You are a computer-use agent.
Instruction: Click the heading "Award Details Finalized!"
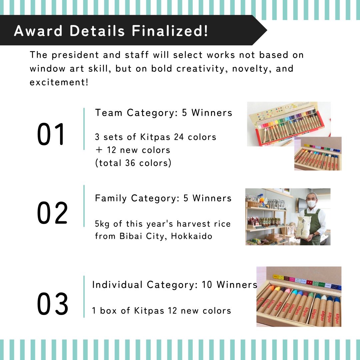[111, 31]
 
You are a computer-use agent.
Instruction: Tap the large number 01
[51, 135]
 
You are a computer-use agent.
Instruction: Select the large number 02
[52, 213]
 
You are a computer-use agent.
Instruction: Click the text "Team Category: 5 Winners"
[164, 113]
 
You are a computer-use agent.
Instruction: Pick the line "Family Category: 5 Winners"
[163, 198]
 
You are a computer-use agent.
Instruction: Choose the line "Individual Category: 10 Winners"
[175, 285]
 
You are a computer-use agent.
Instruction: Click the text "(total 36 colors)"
[133, 163]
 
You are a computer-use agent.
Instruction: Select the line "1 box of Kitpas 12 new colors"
[162, 311]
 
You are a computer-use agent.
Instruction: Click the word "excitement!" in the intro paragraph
[59, 82]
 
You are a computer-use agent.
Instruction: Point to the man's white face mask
[312, 203]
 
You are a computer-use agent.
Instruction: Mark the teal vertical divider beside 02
[84, 206]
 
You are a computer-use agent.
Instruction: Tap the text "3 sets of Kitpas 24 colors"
[156, 137]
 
